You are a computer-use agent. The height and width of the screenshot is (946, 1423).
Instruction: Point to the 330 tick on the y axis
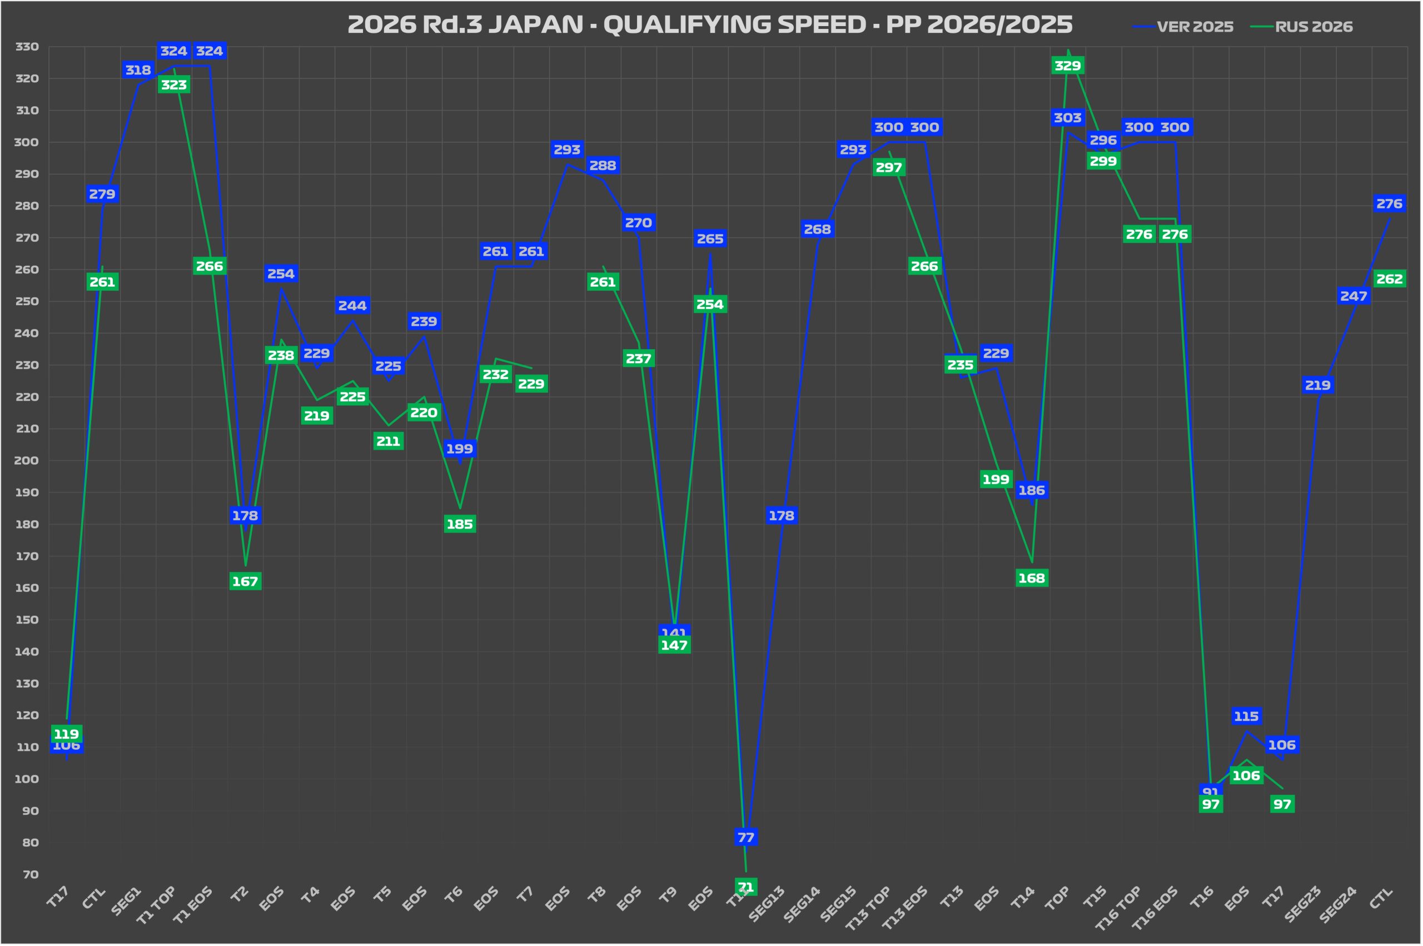click(27, 47)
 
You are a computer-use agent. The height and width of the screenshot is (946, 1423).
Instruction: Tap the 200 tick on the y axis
click(27, 460)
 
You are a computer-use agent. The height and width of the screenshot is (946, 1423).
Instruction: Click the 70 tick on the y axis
click(30, 874)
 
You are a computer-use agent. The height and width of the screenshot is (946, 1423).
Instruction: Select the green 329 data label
click(1067, 65)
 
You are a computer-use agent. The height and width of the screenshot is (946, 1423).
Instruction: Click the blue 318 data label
click(138, 70)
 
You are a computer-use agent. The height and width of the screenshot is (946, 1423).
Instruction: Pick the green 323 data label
click(174, 85)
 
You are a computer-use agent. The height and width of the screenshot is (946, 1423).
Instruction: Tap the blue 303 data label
click(1067, 118)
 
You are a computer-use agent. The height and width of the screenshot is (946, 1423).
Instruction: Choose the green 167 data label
click(245, 581)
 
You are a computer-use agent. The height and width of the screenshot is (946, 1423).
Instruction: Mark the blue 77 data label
click(745, 838)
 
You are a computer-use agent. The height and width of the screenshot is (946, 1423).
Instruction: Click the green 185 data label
click(460, 524)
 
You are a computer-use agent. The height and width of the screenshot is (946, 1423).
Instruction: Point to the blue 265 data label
click(710, 239)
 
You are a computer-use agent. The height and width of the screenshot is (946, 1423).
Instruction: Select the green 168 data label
click(1032, 578)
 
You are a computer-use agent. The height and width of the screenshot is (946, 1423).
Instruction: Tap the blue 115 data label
click(1246, 716)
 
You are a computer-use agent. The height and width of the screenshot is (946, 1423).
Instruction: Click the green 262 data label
click(1389, 278)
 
